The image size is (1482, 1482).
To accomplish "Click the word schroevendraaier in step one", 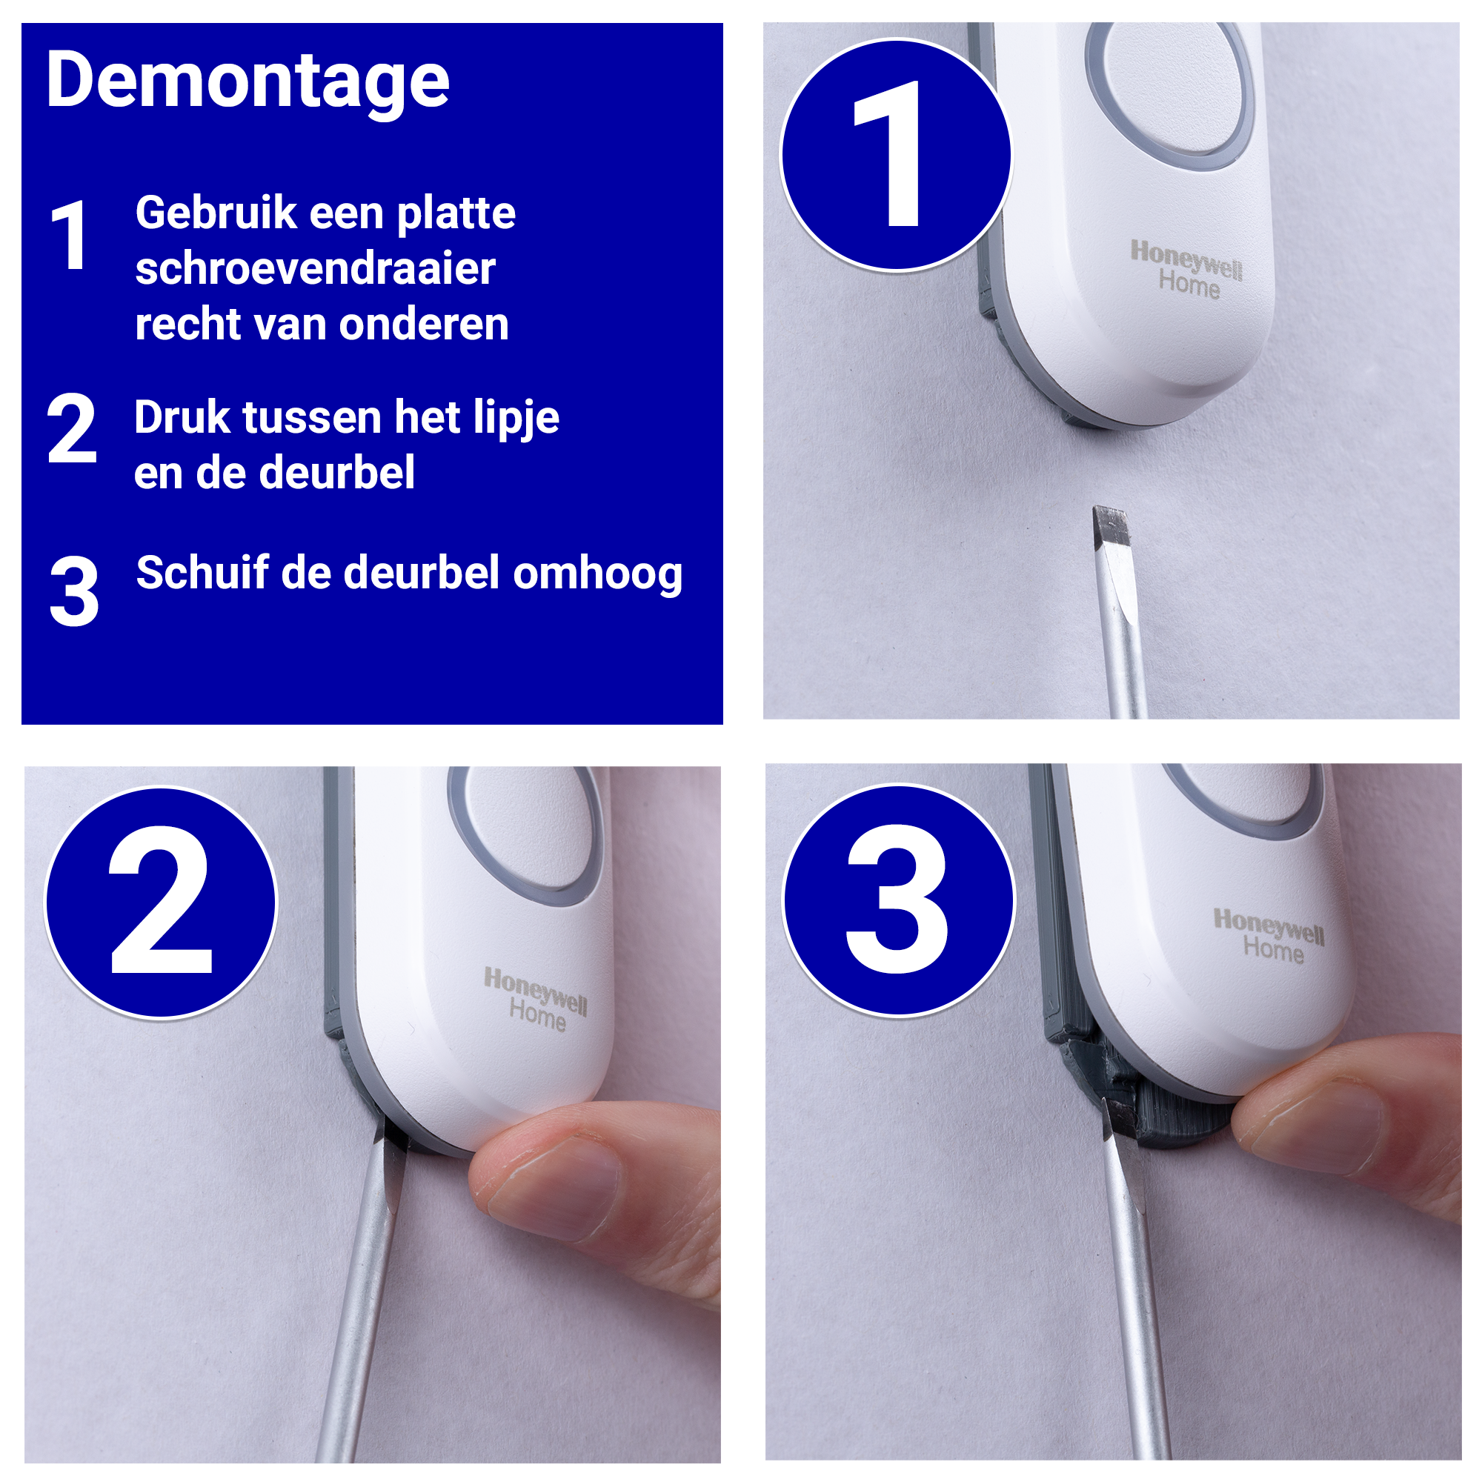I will click(314, 268).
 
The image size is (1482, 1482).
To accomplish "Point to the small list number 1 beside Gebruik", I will click(69, 236).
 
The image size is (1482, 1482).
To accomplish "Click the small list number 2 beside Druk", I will click(71, 429).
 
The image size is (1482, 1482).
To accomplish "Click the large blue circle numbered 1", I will click(895, 155).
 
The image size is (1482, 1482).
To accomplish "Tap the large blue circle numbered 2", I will click(160, 903).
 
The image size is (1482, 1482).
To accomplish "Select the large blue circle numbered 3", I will click(898, 900).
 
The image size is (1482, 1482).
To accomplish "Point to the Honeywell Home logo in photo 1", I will click(1186, 268).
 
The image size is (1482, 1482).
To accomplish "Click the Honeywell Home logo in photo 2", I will click(536, 1000).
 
